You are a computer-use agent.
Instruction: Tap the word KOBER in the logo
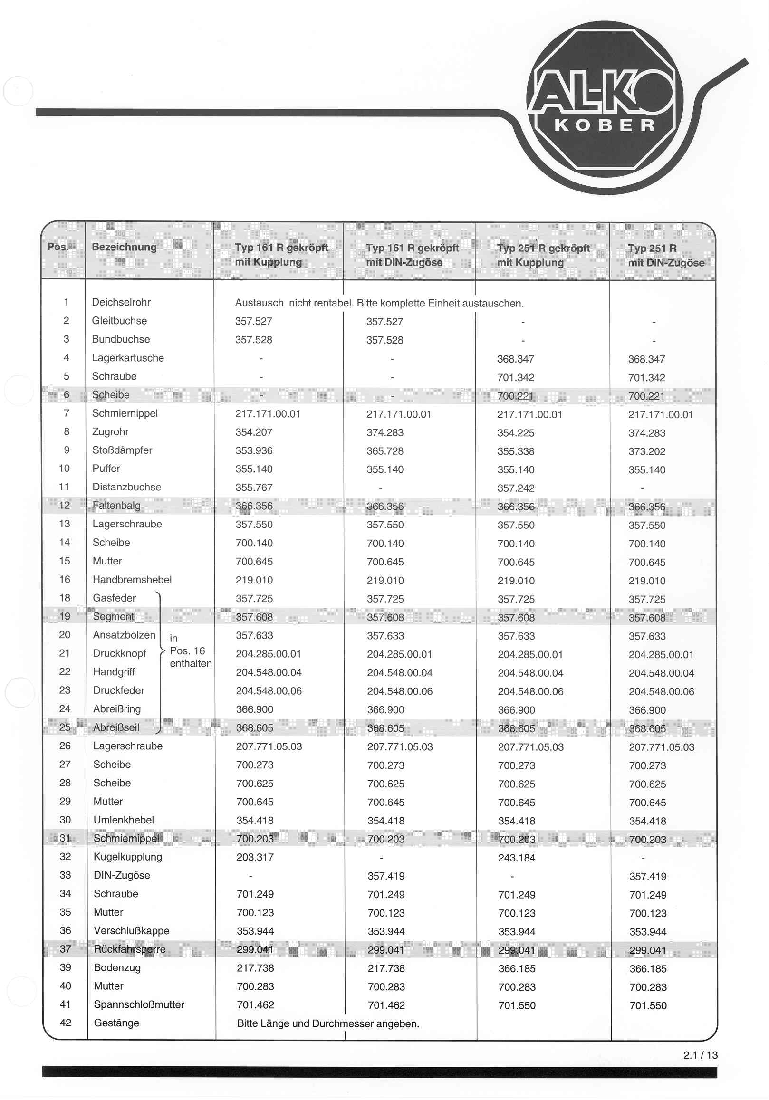tap(605, 125)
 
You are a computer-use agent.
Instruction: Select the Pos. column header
tap(58, 247)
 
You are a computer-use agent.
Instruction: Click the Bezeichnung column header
tap(124, 247)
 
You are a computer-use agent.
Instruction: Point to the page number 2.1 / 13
tap(700, 1055)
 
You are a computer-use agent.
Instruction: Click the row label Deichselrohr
tap(121, 302)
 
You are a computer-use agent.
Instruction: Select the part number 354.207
tap(254, 432)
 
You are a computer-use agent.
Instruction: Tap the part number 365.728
tap(385, 451)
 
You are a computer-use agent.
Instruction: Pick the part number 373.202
tap(647, 451)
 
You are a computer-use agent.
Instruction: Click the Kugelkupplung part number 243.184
tap(517, 858)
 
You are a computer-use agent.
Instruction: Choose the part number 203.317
tap(255, 857)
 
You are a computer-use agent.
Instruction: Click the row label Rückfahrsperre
tap(129, 949)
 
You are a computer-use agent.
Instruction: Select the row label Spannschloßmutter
tap(139, 1004)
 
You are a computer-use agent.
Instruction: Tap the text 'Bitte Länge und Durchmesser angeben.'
tap(328, 1024)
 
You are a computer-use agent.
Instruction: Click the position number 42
tap(66, 1023)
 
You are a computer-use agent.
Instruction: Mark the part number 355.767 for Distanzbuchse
tap(254, 487)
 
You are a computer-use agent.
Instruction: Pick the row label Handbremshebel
tap(132, 580)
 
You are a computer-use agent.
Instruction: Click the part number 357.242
tap(516, 488)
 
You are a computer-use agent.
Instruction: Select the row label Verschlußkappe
tap(131, 931)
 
